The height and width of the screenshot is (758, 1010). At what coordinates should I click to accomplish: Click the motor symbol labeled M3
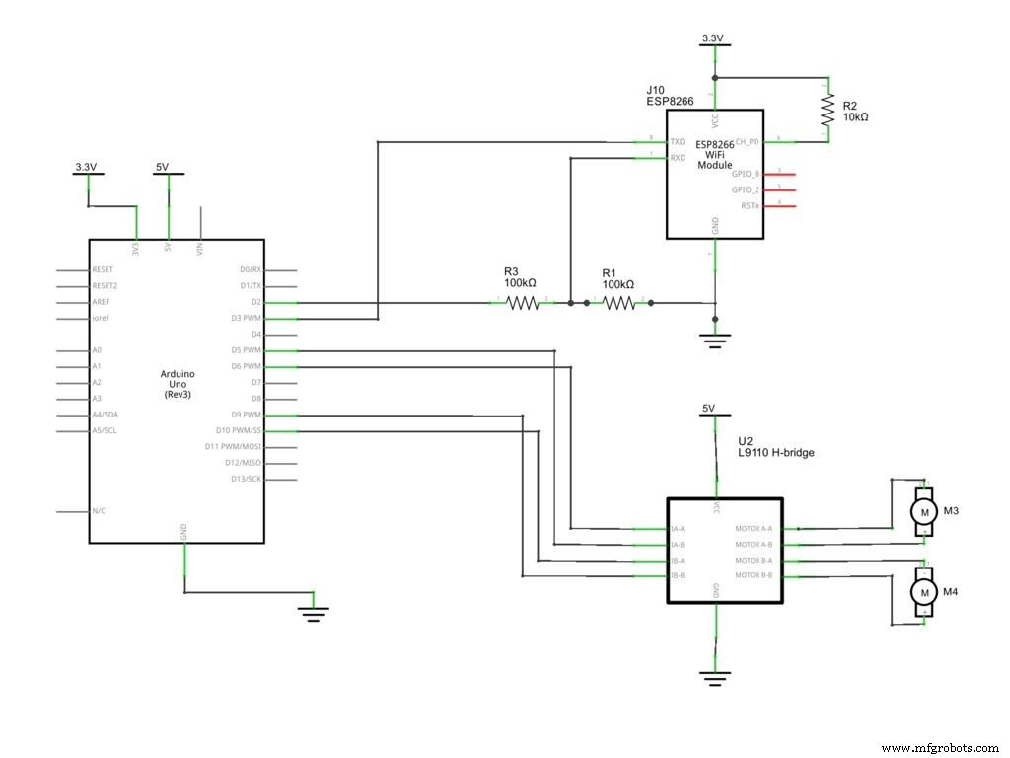coord(924,511)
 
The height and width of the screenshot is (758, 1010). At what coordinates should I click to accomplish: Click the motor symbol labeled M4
coord(924,591)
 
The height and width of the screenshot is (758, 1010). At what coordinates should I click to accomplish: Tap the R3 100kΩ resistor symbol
coord(524,303)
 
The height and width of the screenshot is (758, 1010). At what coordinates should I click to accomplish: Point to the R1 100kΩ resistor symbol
coord(618,303)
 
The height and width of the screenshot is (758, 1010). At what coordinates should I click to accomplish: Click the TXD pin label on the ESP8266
coord(678,141)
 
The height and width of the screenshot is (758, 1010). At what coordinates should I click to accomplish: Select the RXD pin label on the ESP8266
coord(678,157)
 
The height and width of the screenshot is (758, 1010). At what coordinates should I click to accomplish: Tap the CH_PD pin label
coord(748,141)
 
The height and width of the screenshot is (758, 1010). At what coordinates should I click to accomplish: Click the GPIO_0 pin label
coord(746,173)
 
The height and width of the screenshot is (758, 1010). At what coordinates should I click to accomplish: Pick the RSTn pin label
coord(750,205)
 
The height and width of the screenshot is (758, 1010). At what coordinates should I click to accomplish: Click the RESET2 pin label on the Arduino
coord(106,286)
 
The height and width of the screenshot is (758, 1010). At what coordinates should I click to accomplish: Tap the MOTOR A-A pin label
coord(755,528)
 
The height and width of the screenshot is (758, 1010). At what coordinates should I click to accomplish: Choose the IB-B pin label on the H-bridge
coord(678,575)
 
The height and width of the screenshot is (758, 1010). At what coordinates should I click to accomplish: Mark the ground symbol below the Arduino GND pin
coord(313,615)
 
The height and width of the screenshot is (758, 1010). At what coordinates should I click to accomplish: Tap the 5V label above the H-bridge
coord(707,409)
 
